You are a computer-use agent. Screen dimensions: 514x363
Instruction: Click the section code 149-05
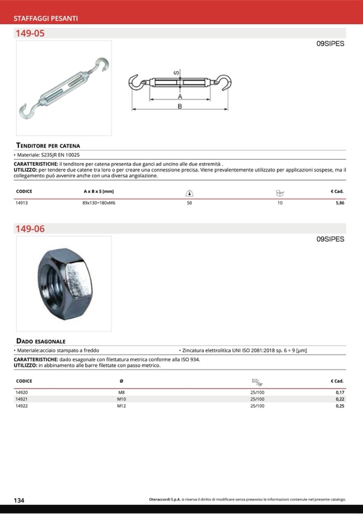click(31, 33)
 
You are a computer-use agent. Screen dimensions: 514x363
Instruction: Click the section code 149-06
click(31, 229)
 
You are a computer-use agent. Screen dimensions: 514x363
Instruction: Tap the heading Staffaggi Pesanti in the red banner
click(46, 18)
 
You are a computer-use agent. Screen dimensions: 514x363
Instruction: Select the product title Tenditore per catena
click(48, 145)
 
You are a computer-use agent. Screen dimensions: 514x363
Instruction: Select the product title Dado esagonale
click(41, 341)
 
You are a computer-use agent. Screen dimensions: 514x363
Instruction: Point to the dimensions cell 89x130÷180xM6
click(99, 204)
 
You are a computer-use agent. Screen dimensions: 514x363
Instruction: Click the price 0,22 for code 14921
click(339, 399)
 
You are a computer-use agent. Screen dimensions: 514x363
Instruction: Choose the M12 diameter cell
click(121, 406)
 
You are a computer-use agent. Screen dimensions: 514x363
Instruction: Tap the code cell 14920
click(22, 392)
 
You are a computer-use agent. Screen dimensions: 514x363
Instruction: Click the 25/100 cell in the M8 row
click(257, 392)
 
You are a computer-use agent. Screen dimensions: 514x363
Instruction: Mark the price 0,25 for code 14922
click(339, 406)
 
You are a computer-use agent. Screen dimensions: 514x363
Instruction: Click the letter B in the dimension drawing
click(180, 107)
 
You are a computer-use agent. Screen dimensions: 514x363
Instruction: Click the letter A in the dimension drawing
click(180, 97)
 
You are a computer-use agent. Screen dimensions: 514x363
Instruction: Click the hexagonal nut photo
click(64, 282)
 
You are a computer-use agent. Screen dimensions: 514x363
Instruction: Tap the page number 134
click(19, 500)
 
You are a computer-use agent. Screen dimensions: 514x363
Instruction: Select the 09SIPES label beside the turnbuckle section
click(330, 44)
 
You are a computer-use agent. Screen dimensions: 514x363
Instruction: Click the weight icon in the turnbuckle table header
click(190, 192)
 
